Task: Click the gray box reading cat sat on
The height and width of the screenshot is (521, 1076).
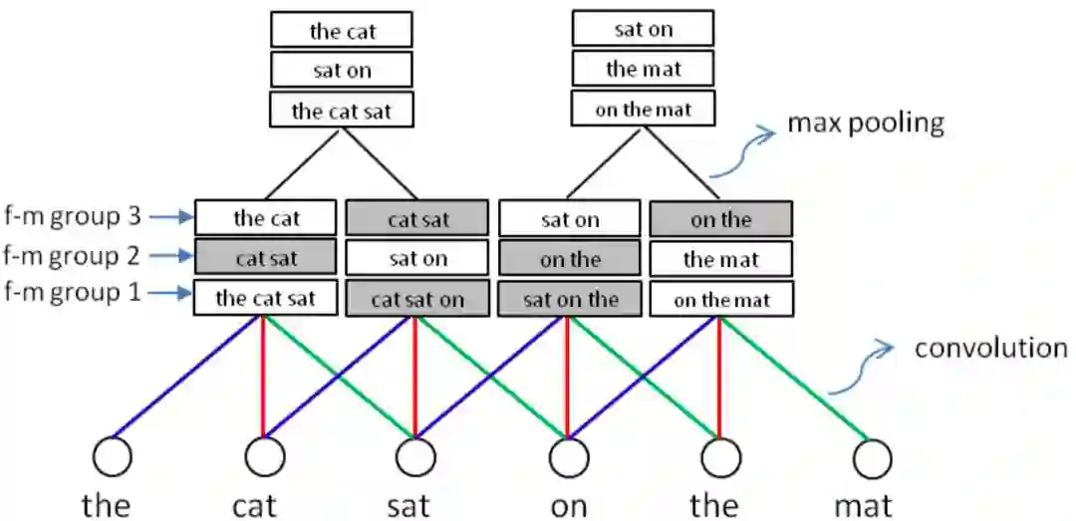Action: (416, 299)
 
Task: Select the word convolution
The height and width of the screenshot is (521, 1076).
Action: (990, 349)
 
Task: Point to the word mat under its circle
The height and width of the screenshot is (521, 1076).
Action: (864, 504)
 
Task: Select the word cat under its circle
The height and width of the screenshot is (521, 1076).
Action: (254, 504)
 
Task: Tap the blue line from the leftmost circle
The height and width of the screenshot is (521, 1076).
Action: (184, 379)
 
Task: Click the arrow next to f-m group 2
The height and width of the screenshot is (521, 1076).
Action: (169, 256)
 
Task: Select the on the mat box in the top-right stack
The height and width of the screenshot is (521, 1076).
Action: (643, 110)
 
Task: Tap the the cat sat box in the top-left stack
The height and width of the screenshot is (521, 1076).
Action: (341, 110)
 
